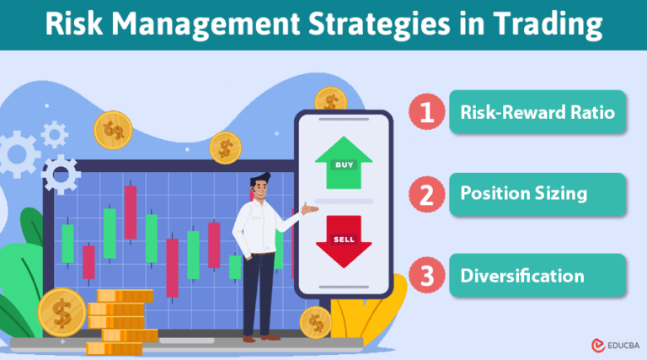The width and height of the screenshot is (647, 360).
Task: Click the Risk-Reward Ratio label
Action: pos(537,112)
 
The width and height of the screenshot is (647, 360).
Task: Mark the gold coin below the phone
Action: pos(316,321)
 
